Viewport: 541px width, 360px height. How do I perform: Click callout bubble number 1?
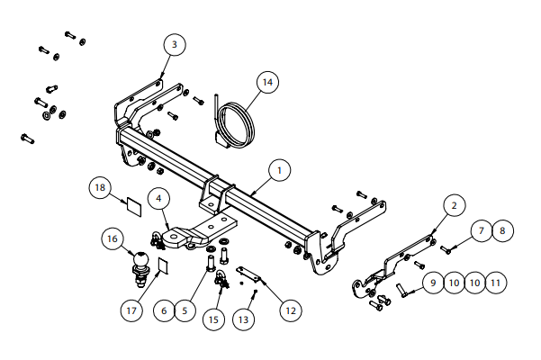point(279,170)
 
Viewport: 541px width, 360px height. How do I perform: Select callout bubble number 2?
point(455,206)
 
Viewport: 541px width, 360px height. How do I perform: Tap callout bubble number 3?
point(175,44)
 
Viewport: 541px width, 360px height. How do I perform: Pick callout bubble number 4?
point(158,197)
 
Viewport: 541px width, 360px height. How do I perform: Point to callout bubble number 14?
point(266,82)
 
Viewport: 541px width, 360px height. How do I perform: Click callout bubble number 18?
point(101,187)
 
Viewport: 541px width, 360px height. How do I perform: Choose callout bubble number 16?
point(113,239)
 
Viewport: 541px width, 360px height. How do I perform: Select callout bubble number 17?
point(132,310)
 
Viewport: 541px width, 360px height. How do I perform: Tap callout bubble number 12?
point(290,310)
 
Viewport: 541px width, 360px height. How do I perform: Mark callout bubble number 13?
point(243,319)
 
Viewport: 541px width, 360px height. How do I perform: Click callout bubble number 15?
point(212,319)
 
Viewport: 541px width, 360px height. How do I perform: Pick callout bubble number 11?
point(495,283)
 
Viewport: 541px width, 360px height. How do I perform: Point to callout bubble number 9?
point(432,283)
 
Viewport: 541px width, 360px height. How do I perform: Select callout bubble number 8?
point(501,230)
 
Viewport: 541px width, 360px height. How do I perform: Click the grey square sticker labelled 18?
point(132,204)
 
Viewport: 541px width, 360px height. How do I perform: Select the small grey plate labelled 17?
point(163,265)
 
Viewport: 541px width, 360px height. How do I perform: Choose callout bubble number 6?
point(163,310)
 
